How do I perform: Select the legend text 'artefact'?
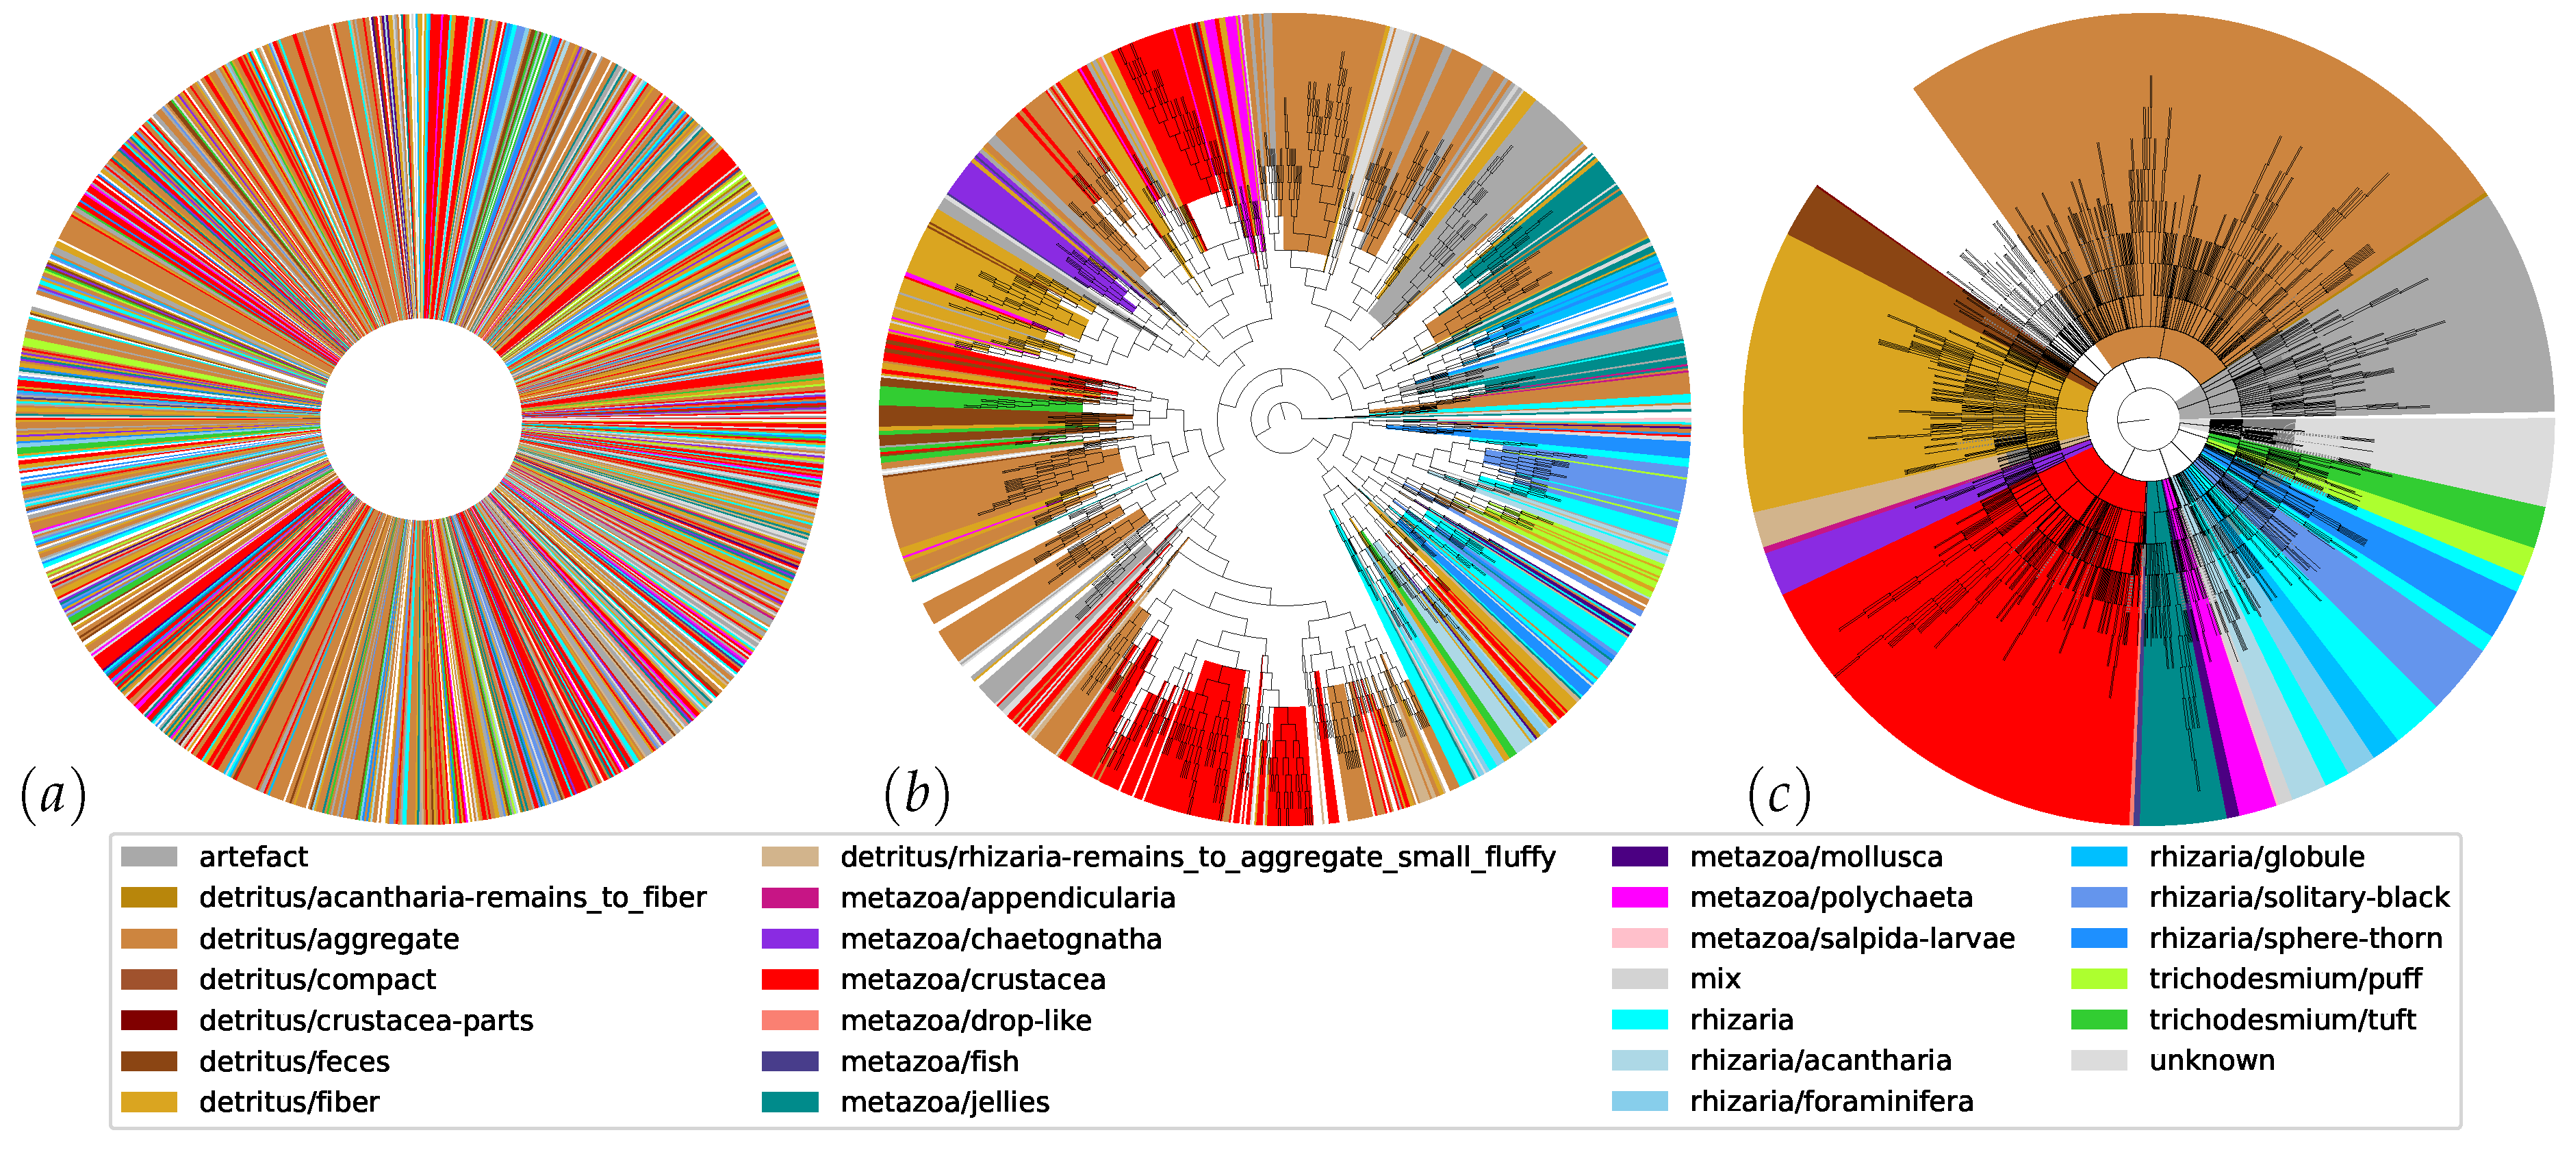click(x=253, y=857)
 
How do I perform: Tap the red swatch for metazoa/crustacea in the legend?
click(x=789, y=979)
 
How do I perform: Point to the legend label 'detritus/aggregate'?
click(x=329, y=938)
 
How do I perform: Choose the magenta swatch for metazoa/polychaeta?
click(x=1639, y=897)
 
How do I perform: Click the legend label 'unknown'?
click(x=2212, y=1060)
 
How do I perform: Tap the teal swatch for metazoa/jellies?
click(x=789, y=1102)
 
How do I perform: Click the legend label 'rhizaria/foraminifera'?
click(x=1832, y=1101)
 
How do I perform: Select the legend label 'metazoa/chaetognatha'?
click(x=1000, y=938)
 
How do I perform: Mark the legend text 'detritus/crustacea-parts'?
click(x=366, y=1021)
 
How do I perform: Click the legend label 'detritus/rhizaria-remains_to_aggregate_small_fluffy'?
click(x=1198, y=857)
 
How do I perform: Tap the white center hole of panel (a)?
click(x=421, y=419)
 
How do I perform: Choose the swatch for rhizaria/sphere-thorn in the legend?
click(x=2099, y=938)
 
